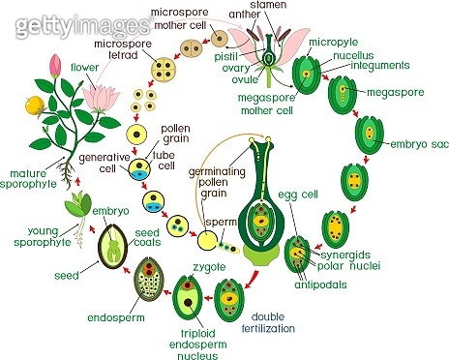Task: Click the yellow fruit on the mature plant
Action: tap(33, 104)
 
